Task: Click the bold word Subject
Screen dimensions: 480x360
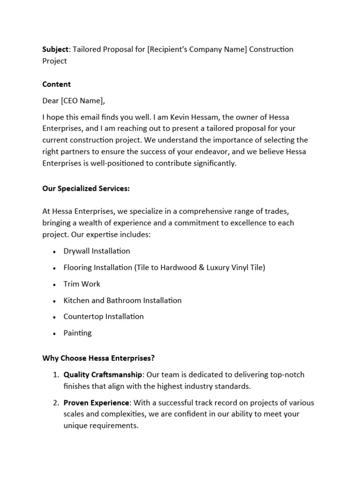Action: point(55,49)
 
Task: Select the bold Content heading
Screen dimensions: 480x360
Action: point(57,84)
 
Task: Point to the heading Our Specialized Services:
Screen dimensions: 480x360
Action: point(86,188)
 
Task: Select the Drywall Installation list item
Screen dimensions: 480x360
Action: point(97,251)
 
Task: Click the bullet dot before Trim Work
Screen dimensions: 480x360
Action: point(54,284)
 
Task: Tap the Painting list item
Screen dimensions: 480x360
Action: point(77,333)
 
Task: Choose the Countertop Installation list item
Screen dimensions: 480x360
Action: point(104,316)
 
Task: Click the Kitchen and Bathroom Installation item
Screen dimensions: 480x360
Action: point(122,300)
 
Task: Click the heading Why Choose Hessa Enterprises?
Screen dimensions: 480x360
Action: point(98,359)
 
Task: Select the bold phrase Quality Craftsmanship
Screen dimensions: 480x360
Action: point(103,375)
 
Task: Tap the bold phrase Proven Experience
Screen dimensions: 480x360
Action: point(96,403)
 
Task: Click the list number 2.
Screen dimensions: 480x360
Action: point(55,403)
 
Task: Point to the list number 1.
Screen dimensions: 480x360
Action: point(55,375)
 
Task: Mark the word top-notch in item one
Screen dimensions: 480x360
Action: point(287,375)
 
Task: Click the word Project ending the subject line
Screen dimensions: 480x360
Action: point(55,61)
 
